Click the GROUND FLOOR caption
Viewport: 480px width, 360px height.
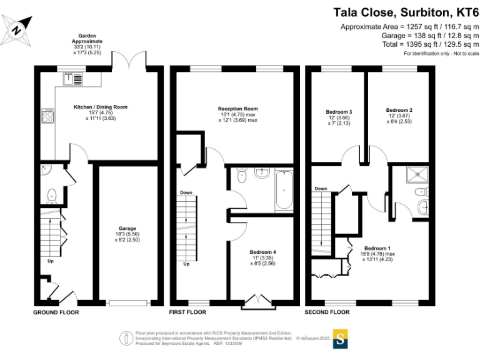56,311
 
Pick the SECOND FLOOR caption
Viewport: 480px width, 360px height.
327,311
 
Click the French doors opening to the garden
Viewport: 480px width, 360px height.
128,61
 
